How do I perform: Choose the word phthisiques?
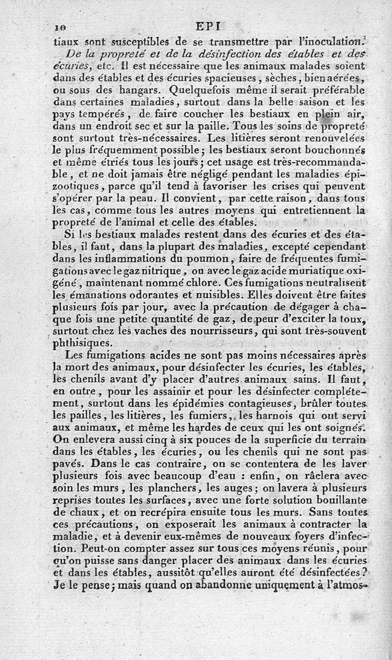coord(84,343)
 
